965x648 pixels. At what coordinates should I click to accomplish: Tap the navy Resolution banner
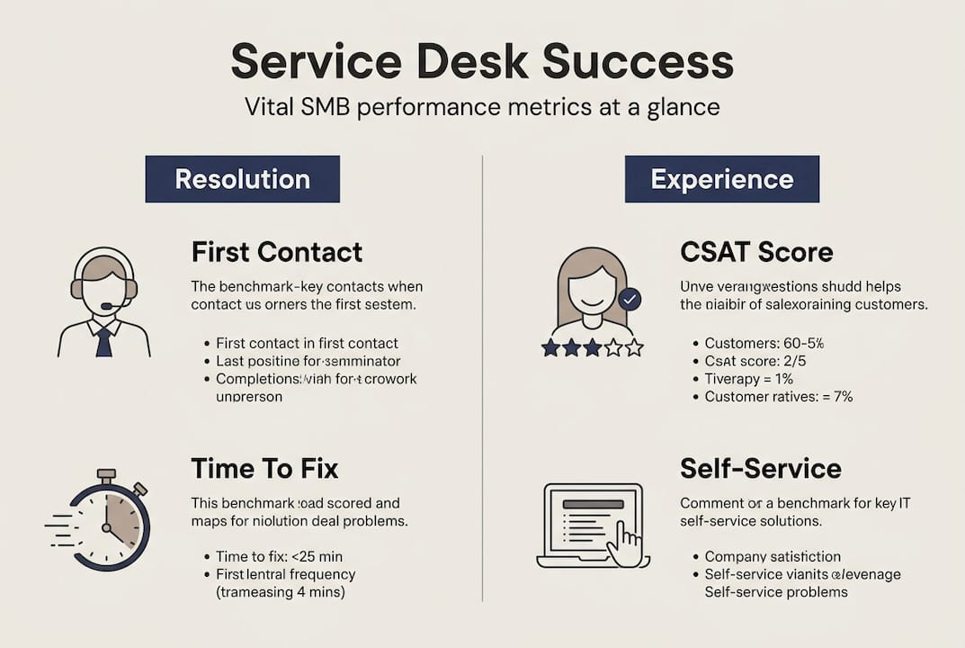point(242,178)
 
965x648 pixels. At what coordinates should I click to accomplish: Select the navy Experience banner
point(721,178)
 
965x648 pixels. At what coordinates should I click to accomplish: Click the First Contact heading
point(276,251)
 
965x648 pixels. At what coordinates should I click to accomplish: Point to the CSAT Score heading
point(755,251)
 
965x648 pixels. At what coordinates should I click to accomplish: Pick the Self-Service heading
point(760,468)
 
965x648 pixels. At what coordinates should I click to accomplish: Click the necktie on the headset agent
point(104,341)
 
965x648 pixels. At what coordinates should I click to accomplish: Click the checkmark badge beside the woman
point(630,299)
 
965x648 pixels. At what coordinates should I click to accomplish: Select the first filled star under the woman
point(550,347)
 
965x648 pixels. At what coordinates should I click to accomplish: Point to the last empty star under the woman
point(634,347)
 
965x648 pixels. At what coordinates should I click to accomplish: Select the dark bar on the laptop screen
point(593,504)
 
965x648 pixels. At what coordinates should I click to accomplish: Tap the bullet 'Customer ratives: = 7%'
point(778,396)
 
